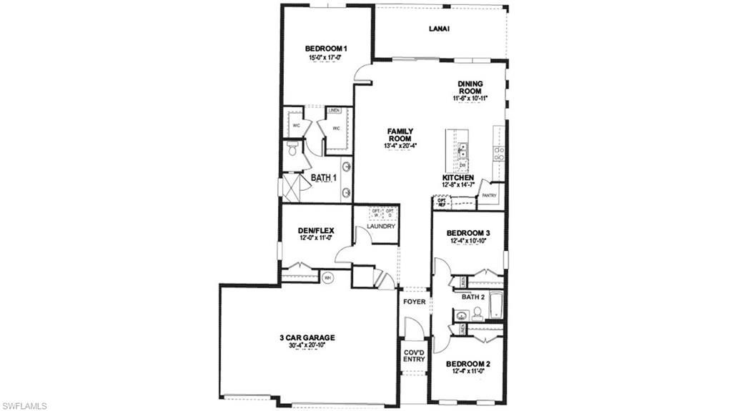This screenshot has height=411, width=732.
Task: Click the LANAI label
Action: [439, 29]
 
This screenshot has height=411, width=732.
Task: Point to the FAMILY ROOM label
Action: [400, 135]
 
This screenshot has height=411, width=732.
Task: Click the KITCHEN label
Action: [458, 177]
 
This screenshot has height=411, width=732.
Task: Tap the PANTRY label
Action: [489, 195]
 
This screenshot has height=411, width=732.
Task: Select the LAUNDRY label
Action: [381, 227]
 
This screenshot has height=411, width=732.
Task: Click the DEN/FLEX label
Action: [316, 230]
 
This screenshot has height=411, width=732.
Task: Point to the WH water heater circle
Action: [328, 278]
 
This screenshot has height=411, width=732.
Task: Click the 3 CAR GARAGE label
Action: [307, 337]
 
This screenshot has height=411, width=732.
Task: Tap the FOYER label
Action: [415, 302]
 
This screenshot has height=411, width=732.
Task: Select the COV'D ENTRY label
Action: [414, 355]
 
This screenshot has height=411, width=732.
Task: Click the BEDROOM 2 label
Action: [470, 364]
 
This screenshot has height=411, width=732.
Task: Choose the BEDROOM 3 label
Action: [468, 233]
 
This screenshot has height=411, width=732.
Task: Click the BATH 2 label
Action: [473, 296]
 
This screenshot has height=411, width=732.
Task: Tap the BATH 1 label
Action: [323, 177]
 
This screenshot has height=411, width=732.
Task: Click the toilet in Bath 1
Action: [292, 151]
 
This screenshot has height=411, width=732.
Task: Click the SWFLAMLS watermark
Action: [24, 405]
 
